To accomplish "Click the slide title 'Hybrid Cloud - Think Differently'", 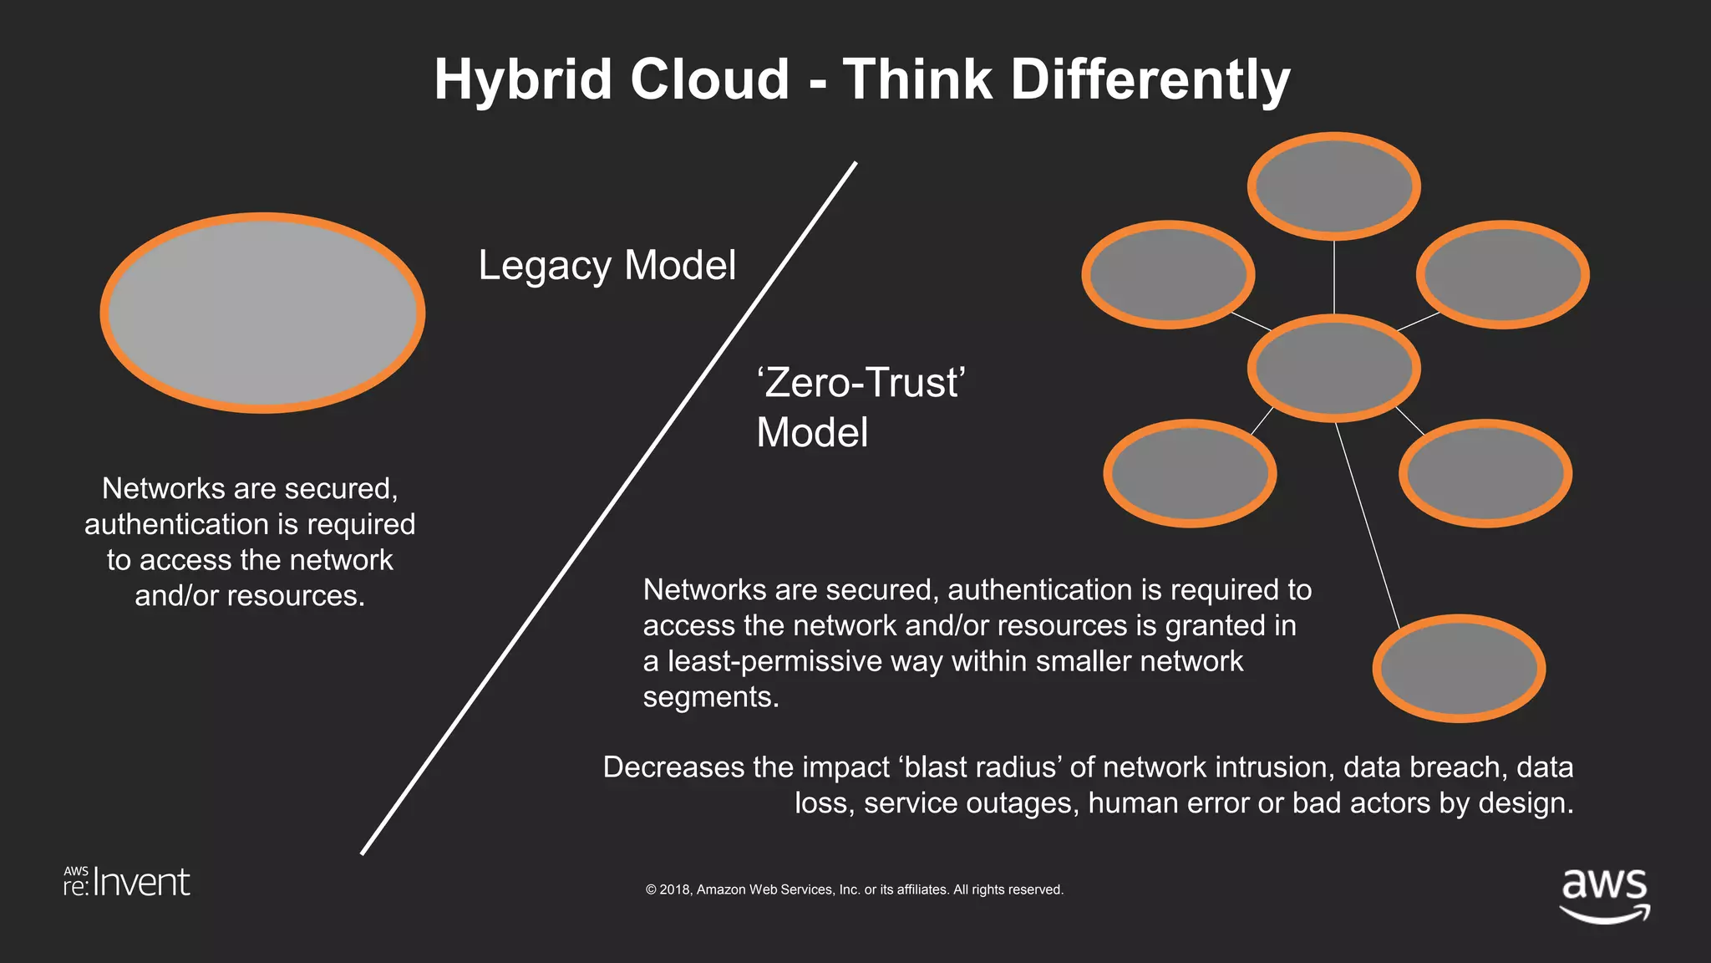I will (862, 79).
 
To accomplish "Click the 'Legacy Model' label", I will (607, 266).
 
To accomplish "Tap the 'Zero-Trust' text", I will (861, 383).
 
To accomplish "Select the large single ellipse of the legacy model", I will (262, 313).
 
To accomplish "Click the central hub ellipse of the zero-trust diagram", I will (1333, 368).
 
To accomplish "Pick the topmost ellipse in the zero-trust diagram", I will (1333, 186).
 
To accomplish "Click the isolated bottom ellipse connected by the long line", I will (1459, 668).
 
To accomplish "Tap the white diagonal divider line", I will (608, 508).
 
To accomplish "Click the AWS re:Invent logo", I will (127, 883).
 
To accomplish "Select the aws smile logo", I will (1604, 894).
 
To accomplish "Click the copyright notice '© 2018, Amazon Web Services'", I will (854, 889).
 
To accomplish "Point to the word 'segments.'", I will (710, 696).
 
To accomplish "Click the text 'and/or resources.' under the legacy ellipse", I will (250, 596).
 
